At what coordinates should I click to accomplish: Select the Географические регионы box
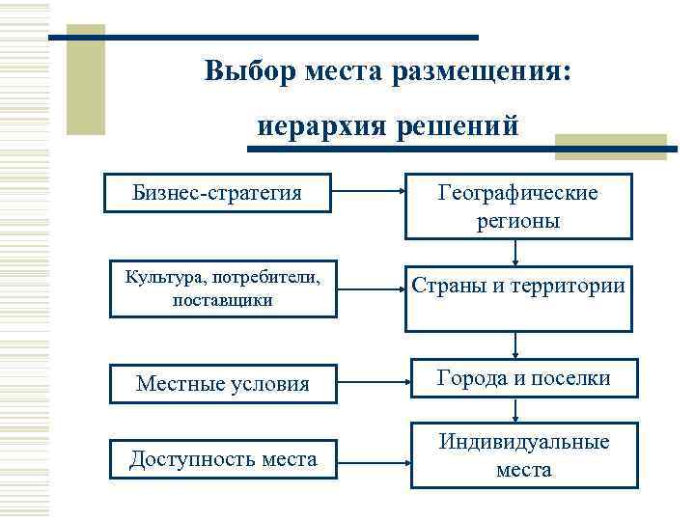click(518, 206)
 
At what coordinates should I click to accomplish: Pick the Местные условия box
click(223, 383)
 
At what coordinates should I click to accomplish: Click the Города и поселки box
click(523, 379)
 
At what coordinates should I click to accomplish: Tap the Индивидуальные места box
click(524, 455)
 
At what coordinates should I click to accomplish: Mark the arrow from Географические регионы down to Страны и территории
click(518, 252)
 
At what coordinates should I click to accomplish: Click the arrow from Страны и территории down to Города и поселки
click(518, 344)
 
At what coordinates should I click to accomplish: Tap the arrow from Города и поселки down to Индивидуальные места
click(518, 410)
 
